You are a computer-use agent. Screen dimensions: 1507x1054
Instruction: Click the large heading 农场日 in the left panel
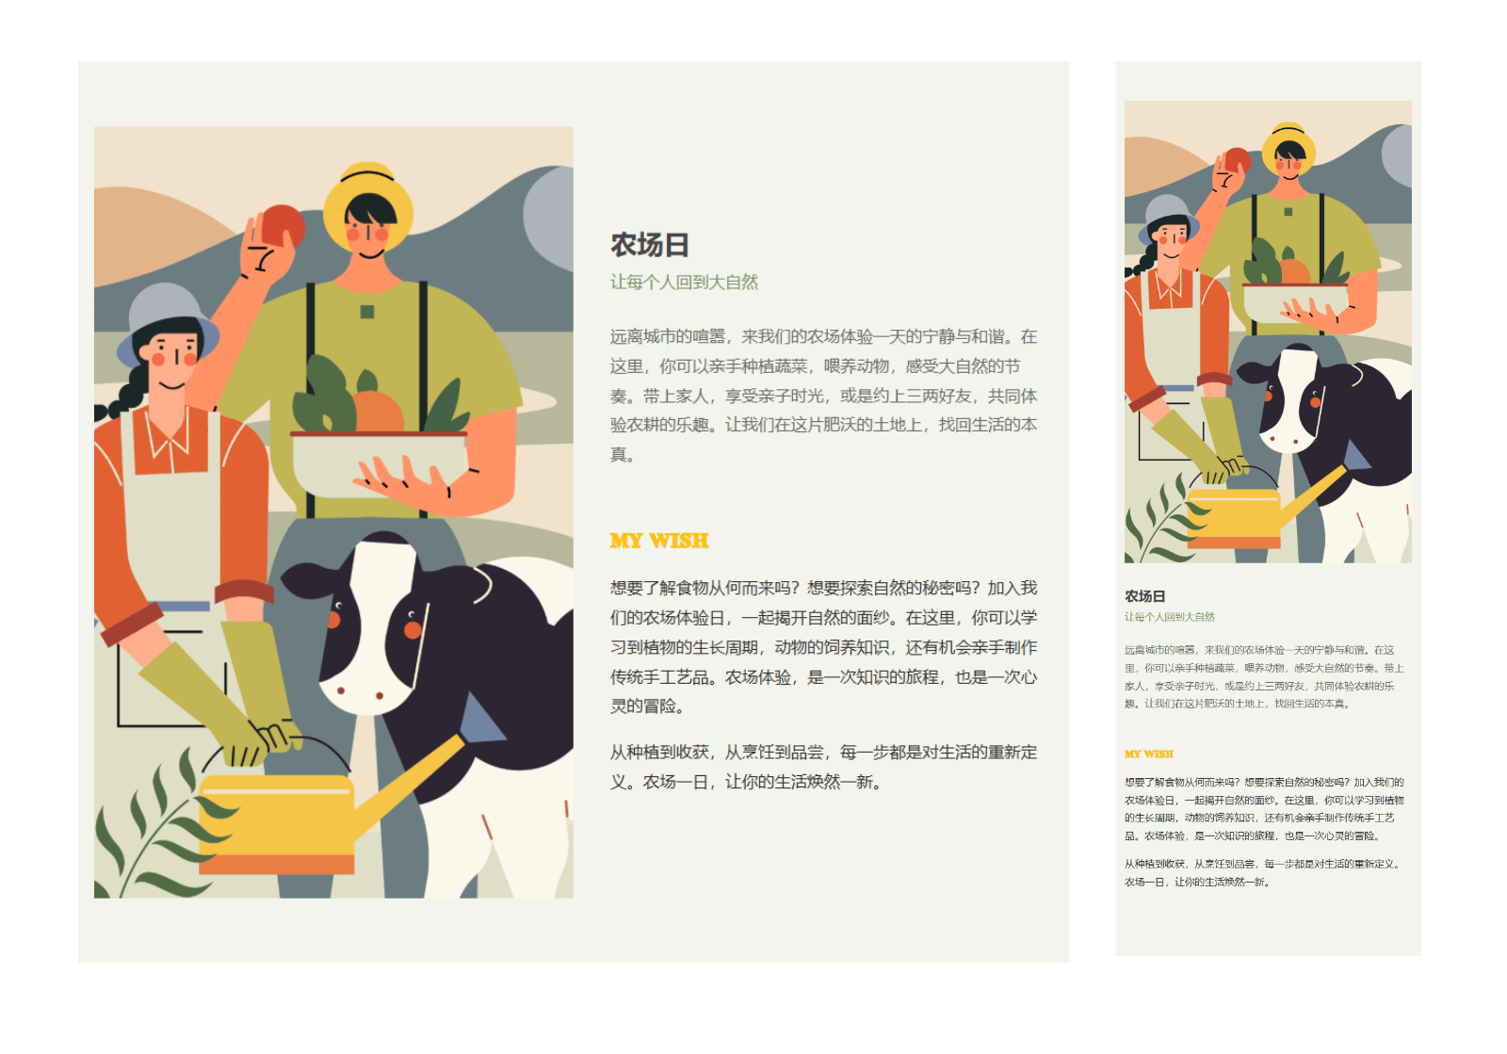(x=649, y=245)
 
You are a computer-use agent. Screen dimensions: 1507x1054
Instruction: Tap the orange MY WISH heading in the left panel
(x=659, y=541)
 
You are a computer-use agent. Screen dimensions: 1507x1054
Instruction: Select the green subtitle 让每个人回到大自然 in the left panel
(x=684, y=283)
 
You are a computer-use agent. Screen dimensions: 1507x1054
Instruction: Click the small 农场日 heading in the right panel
(x=1144, y=596)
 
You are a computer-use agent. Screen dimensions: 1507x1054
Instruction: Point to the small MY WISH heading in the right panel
(x=1148, y=754)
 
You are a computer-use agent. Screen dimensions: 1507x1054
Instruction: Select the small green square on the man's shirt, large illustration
(x=367, y=312)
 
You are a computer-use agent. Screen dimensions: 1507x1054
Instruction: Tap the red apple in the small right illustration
(x=1237, y=160)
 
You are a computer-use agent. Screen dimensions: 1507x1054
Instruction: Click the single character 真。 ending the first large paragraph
(x=622, y=455)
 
